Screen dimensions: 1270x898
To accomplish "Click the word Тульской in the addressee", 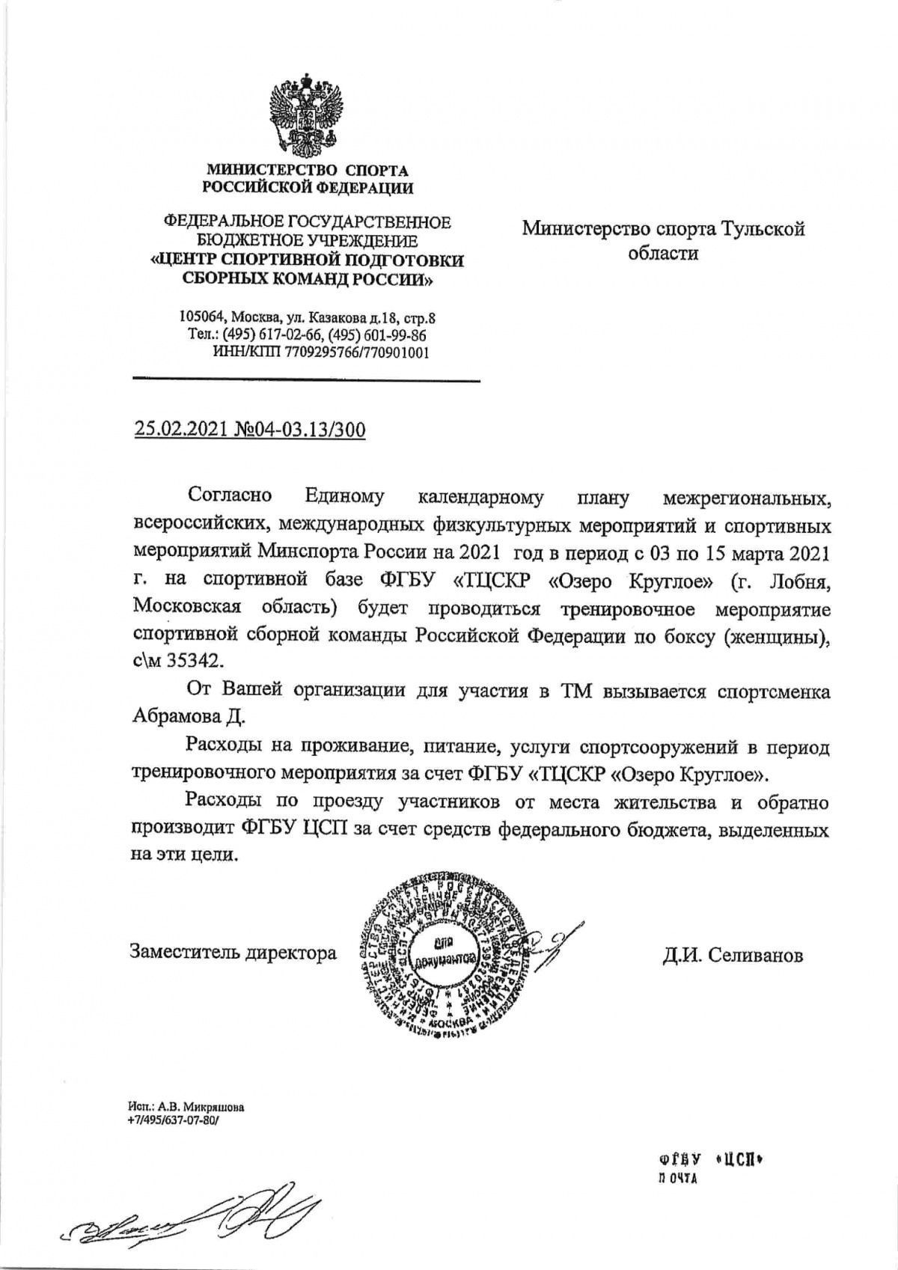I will tap(763, 228).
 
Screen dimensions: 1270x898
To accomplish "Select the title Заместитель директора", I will tap(233, 953).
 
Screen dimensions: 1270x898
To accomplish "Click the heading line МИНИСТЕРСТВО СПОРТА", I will tap(308, 171).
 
